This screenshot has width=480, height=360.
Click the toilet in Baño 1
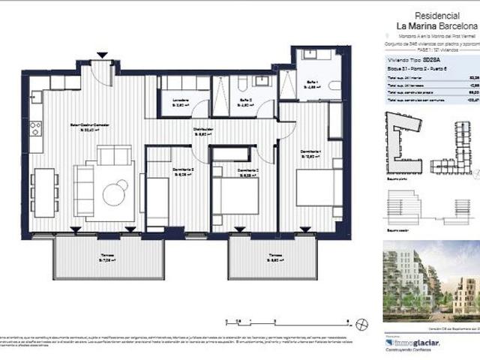click(332, 84)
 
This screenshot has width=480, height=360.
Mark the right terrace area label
click(273, 258)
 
